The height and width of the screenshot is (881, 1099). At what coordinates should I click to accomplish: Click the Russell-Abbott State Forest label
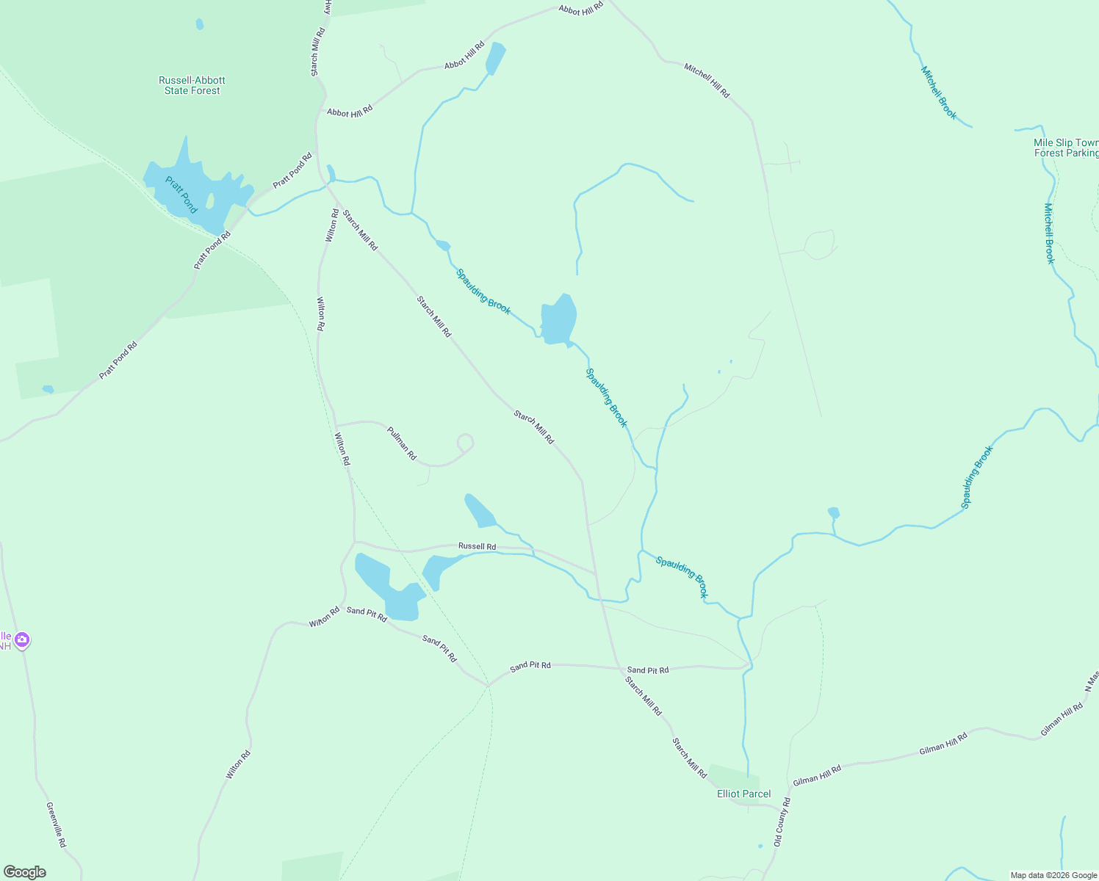tap(192, 85)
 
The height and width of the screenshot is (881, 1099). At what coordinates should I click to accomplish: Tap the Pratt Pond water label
tap(181, 195)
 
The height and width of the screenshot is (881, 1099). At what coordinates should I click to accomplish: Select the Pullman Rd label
tap(402, 443)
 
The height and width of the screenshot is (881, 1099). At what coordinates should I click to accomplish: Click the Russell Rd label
tap(477, 546)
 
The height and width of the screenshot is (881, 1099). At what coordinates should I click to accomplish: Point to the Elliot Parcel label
tap(743, 794)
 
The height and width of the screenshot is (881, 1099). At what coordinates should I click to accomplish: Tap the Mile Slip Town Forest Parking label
tap(1065, 148)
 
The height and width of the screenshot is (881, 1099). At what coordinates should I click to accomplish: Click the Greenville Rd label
tap(56, 825)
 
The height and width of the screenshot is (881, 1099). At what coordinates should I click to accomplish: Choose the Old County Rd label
tap(782, 822)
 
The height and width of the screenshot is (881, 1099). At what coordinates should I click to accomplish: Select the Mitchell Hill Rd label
tap(707, 81)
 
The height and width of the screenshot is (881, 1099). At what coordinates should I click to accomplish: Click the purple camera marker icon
tap(22, 639)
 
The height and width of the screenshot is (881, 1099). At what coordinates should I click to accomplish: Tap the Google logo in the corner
tap(25, 872)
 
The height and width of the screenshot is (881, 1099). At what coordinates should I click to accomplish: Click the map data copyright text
tap(1053, 875)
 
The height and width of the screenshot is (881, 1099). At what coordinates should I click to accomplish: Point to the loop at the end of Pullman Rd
tap(465, 443)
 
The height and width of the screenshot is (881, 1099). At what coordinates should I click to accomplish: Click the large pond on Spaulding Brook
tap(558, 320)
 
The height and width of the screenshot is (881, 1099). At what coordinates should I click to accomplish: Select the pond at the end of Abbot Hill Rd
tap(496, 58)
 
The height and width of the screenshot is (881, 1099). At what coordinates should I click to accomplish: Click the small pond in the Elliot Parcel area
tap(760, 846)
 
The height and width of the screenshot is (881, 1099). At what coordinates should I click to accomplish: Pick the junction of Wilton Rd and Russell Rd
tap(355, 543)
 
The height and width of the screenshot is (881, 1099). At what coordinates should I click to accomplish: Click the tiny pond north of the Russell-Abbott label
tap(200, 24)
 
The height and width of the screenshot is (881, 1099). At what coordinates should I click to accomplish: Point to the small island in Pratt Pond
tap(210, 200)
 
